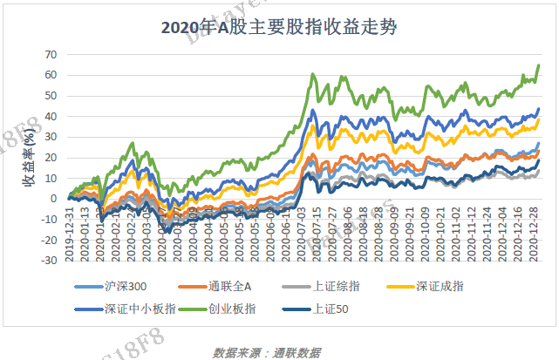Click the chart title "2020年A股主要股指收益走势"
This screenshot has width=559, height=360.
[279, 27]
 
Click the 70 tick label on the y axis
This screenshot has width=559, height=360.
[51, 54]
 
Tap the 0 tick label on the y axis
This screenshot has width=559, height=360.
[54, 198]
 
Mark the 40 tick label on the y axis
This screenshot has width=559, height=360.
[51, 116]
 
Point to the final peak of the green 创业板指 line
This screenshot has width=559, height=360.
[538, 65]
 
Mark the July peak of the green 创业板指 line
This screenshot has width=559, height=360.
[313, 75]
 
